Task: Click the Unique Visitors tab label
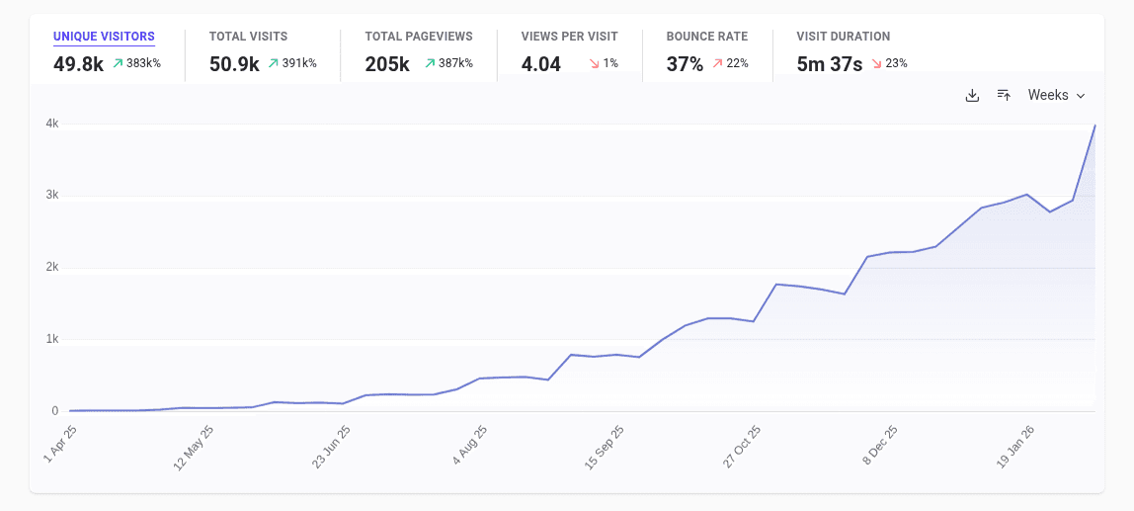[104, 37]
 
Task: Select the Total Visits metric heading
[248, 37]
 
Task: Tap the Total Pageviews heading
[419, 37]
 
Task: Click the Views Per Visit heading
[570, 37]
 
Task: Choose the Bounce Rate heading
[706, 37]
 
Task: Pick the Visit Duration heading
[843, 37]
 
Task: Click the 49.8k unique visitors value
[78, 65]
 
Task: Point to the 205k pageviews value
[387, 65]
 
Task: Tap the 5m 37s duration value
[830, 65]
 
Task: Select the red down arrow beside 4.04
[594, 63]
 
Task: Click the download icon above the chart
[972, 95]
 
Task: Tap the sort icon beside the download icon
[1004, 95]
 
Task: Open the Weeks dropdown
[1056, 95]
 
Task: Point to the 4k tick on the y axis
[51, 124]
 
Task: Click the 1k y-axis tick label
[51, 339]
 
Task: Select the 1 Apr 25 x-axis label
[59, 446]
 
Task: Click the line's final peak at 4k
[1094, 126]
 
